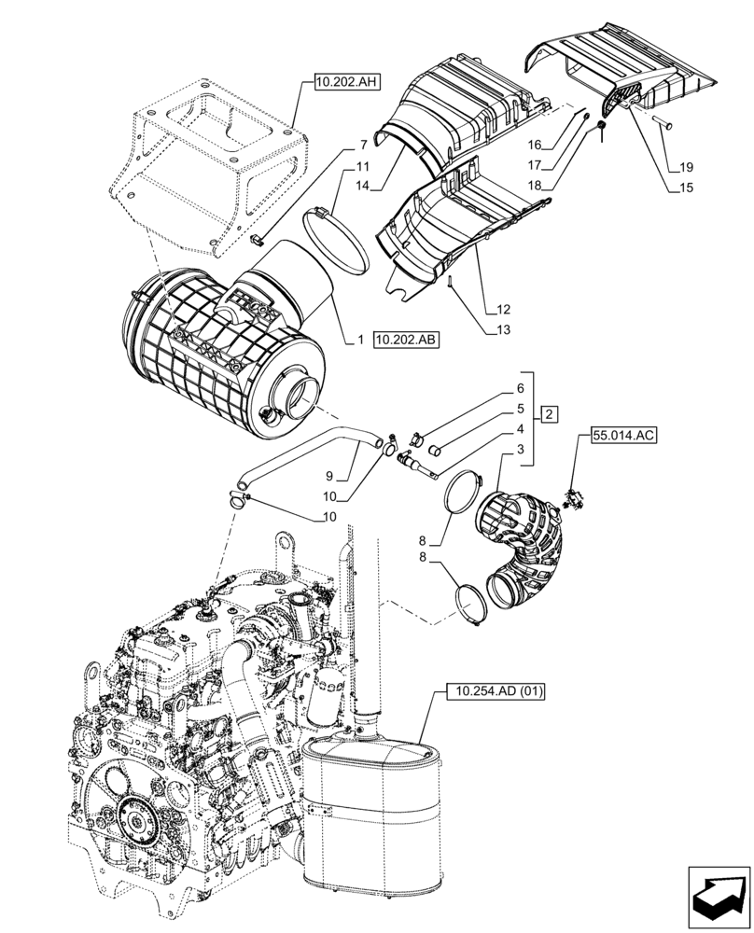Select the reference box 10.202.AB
pos(406,341)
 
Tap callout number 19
pos(687,168)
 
